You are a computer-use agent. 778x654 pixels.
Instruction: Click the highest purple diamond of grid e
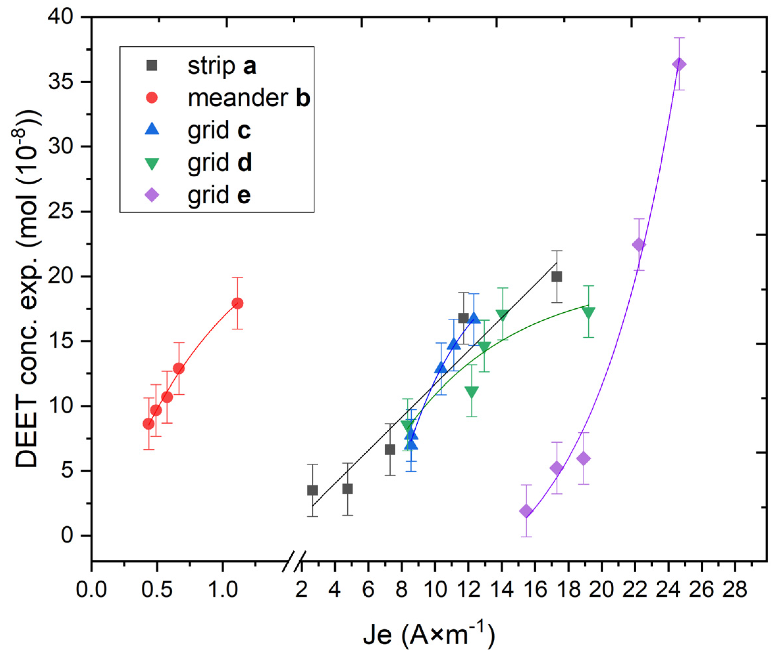pyautogui.click(x=679, y=64)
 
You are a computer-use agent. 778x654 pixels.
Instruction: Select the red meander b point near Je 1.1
pyautogui.click(x=237, y=303)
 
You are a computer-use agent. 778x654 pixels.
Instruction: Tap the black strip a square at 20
pyautogui.click(x=556, y=277)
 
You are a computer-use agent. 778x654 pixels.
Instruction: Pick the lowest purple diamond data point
pyautogui.click(x=526, y=511)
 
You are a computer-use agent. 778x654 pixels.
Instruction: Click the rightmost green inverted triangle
pyautogui.click(x=588, y=313)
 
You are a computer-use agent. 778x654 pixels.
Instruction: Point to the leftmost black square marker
pyautogui.click(x=312, y=490)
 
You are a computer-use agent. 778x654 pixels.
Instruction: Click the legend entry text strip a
pyautogui.click(x=222, y=66)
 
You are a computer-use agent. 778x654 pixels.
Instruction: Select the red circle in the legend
pyautogui.click(x=152, y=98)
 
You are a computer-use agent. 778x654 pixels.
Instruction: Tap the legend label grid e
pyautogui.click(x=219, y=195)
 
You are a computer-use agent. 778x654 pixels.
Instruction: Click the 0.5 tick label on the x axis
pyautogui.click(x=157, y=589)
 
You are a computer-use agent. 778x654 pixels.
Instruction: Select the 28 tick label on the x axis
pyautogui.click(x=735, y=589)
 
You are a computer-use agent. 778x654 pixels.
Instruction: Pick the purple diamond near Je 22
pyautogui.click(x=639, y=245)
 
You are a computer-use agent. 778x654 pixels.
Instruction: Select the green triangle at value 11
pyautogui.click(x=471, y=392)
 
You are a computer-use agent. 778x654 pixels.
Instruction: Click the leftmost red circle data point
pyautogui.click(x=149, y=424)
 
